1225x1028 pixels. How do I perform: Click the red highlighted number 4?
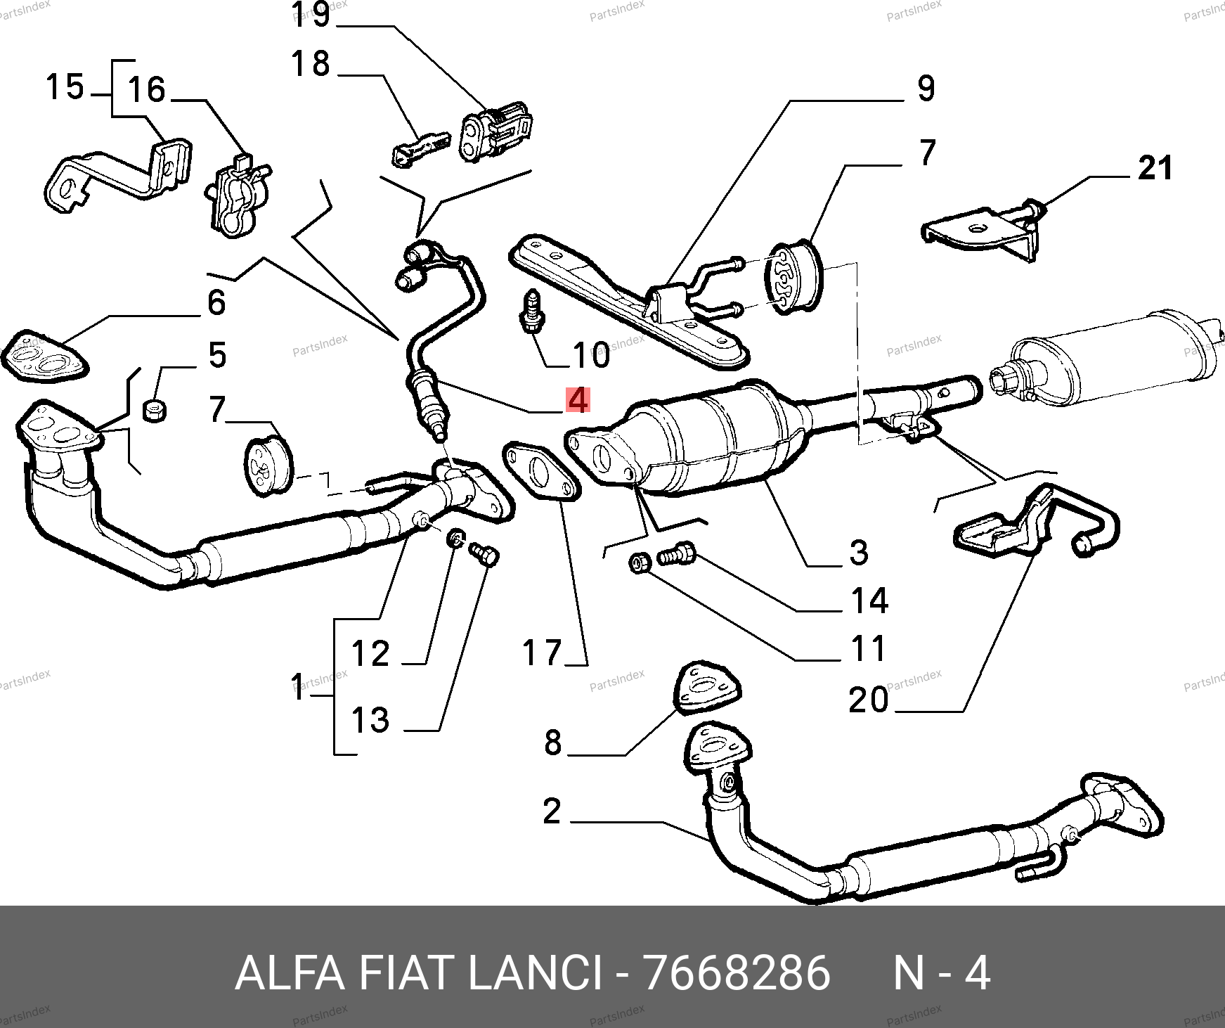577,400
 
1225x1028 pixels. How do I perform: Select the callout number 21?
1155,169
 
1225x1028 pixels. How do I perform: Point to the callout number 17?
542,653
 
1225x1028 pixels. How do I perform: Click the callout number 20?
869,700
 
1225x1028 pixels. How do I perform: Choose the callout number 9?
926,89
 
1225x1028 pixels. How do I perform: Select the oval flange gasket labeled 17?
540,472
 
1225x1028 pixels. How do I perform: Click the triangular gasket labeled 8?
708,685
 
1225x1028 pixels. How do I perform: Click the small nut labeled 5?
154,410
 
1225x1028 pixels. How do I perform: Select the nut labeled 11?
639,562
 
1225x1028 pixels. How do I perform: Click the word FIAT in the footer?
404,974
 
